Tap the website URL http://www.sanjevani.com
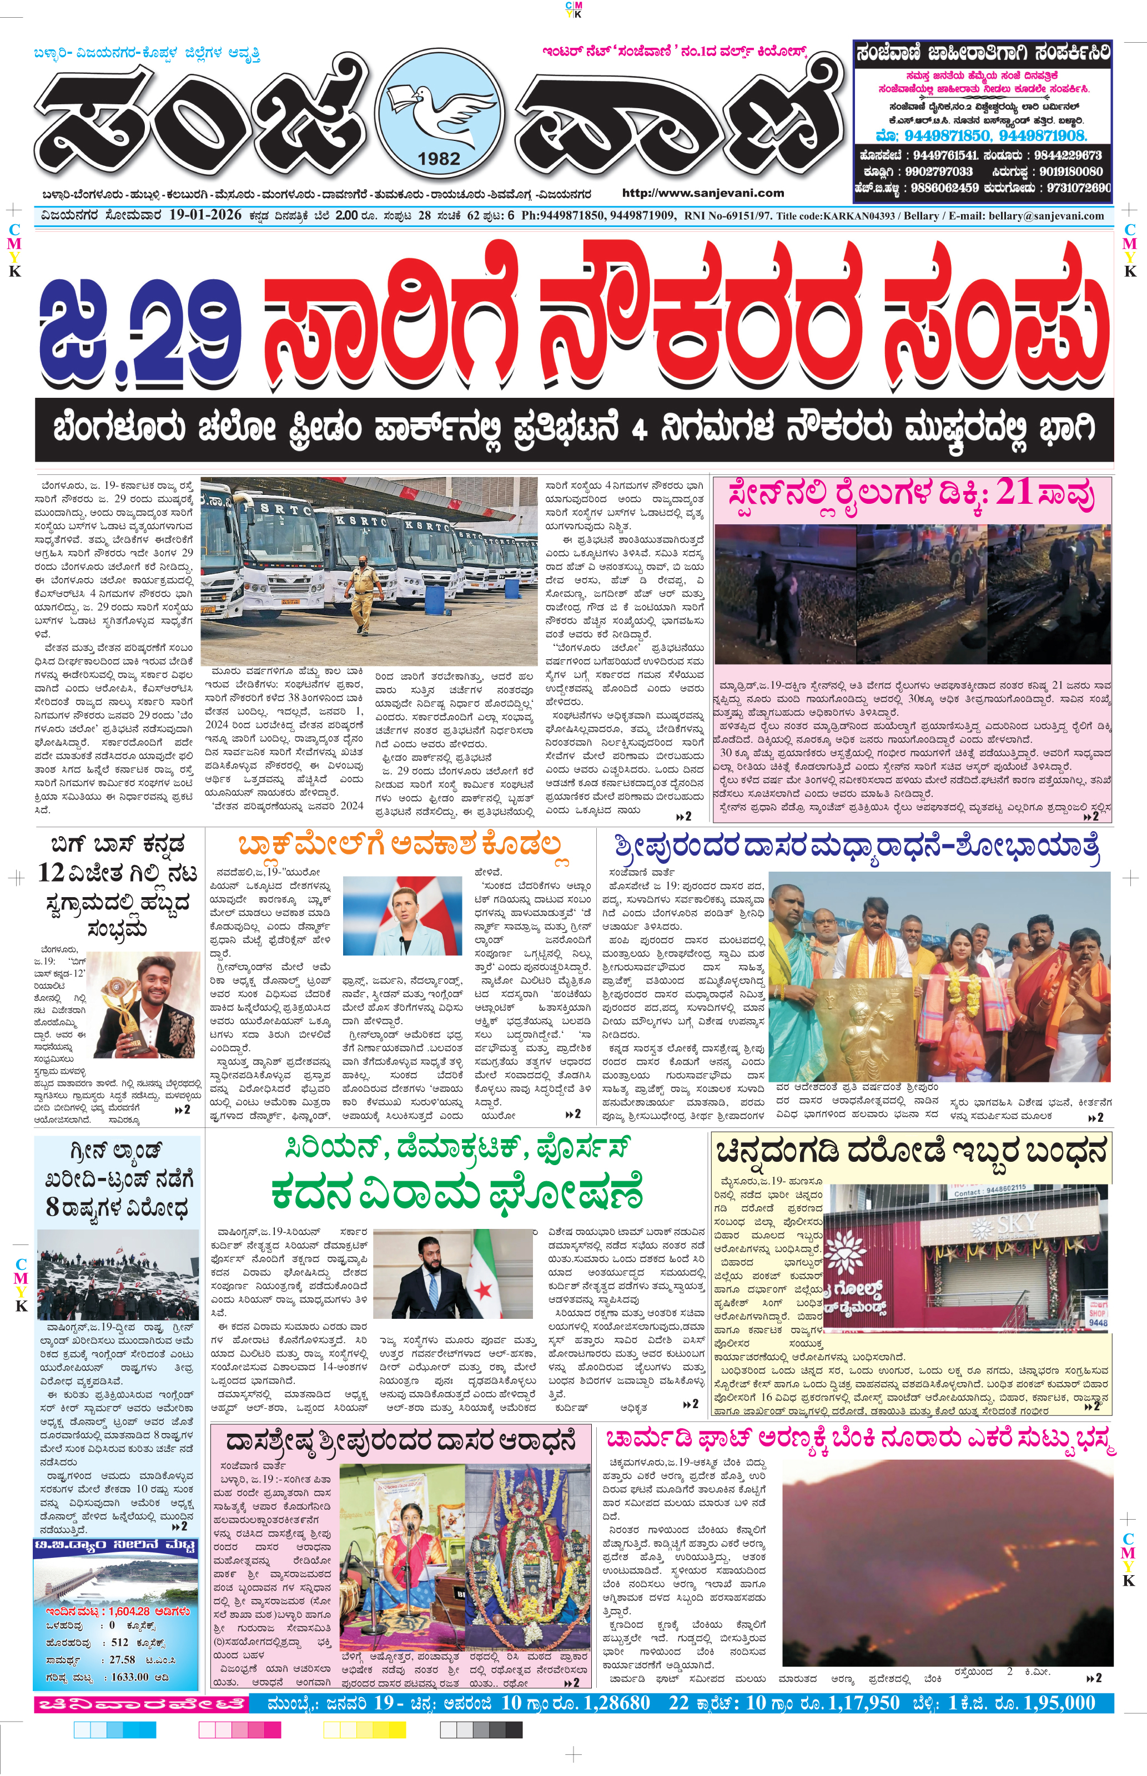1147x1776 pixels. click(x=702, y=193)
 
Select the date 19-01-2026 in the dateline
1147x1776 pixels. click(x=205, y=215)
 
